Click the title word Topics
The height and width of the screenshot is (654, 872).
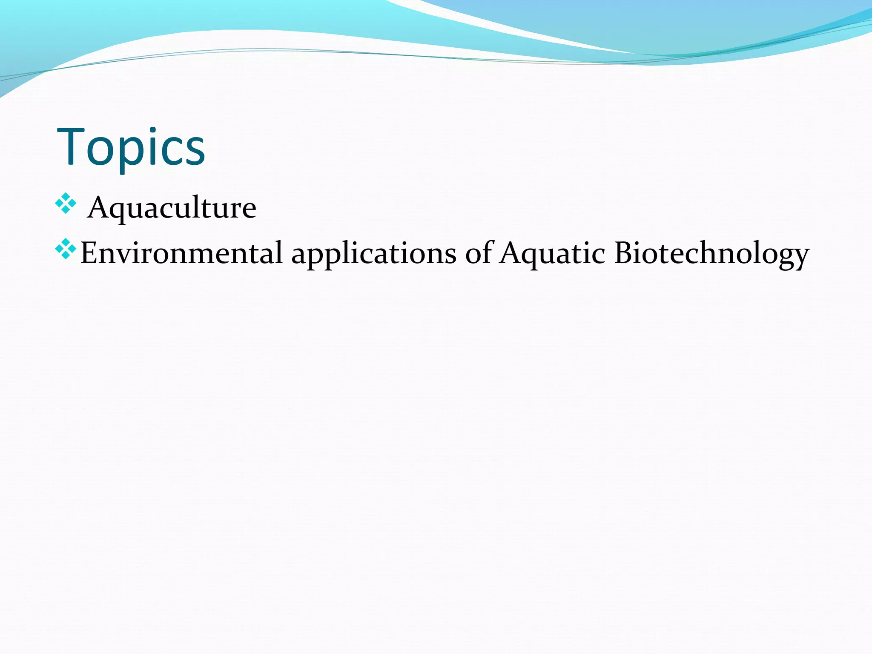pos(131,147)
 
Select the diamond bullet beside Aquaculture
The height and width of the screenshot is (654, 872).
pos(66,203)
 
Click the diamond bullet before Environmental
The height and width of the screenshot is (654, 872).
pos(66,249)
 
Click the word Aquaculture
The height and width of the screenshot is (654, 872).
pos(172,208)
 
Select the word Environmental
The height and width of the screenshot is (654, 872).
pos(181,253)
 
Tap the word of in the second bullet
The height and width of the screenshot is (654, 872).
pos(479,253)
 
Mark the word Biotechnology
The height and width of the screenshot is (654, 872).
pos(711,254)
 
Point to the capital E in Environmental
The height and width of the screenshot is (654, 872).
pos(88,253)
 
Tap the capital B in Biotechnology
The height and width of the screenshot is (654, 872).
pos(623,253)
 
